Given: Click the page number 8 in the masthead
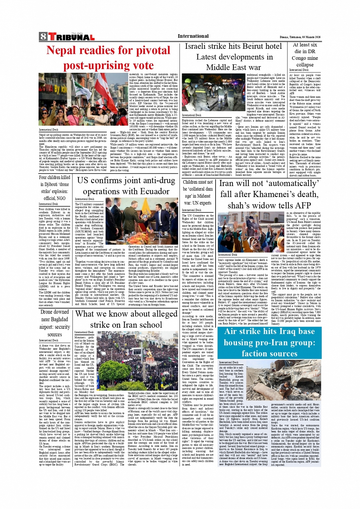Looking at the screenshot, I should pyautogui.click(x=43, y=37).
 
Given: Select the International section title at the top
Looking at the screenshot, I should pyautogui.click(x=193, y=36).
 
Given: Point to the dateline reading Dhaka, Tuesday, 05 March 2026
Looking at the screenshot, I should pyautogui.click(x=300, y=37).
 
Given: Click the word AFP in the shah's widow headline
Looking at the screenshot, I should pyautogui.click(x=300, y=205).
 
